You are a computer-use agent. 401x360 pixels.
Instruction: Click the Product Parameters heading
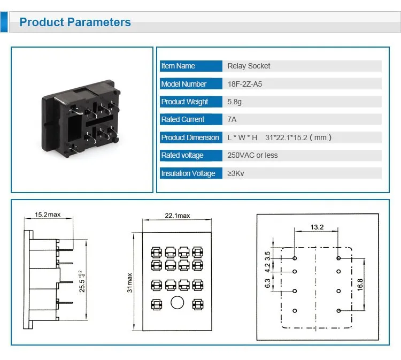(75, 22)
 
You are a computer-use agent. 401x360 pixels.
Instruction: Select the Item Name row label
(178, 66)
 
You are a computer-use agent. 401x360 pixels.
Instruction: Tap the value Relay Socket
(249, 66)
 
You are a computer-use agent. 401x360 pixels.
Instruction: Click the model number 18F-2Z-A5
(245, 84)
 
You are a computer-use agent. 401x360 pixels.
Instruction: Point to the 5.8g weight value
(234, 102)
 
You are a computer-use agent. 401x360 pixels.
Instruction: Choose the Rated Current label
(183, 119)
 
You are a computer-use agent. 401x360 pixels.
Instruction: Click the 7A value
(232, 119)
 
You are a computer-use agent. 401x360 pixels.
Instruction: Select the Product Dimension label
(190, 137)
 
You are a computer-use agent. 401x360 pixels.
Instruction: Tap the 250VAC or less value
(252, 155)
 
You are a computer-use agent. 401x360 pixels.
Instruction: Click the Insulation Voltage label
(188, 173)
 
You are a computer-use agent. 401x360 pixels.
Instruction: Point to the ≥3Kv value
(236, 173)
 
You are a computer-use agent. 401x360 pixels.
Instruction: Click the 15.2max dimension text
(48, 215)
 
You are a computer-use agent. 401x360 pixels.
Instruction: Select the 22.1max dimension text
(177, 216)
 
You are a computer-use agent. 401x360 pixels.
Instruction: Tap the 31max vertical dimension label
(130, 283)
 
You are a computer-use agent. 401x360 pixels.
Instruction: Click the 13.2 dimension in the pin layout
(317, 227)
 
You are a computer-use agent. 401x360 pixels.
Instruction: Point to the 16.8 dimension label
(360, 285)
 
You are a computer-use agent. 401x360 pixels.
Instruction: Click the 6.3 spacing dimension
(267, 284)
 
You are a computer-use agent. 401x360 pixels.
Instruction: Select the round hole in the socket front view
(177, 303)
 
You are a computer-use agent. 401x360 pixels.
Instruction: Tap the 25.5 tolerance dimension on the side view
(82, 281)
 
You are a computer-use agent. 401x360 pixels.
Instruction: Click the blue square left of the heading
(4, 22)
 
